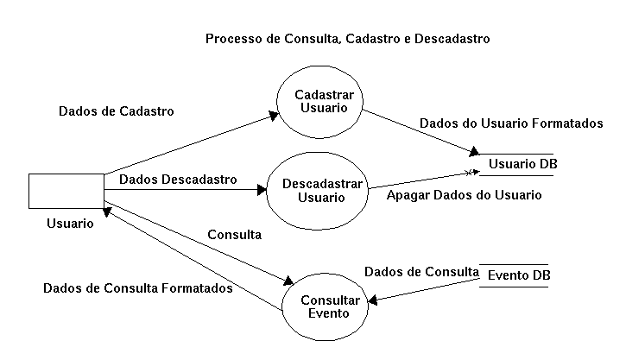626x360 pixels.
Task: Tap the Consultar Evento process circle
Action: [324, 306]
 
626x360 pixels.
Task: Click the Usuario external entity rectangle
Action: [66, 190]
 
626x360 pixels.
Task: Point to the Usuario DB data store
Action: [515, 164]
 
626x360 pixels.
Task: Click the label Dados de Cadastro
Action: [116, 111]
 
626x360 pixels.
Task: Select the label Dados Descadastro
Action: [178, 180]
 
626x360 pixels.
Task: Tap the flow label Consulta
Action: [235, 235]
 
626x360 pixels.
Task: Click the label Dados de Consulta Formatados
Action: [137, 288]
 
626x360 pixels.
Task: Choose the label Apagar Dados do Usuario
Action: [464, 195]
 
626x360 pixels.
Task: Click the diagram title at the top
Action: [347, 39]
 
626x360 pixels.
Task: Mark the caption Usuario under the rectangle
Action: [70, 223]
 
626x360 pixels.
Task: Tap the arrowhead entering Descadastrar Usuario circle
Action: [258, 188]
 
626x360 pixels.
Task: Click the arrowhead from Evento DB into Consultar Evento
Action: [373, 301]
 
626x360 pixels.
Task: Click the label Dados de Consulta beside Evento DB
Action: [420, 271]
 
